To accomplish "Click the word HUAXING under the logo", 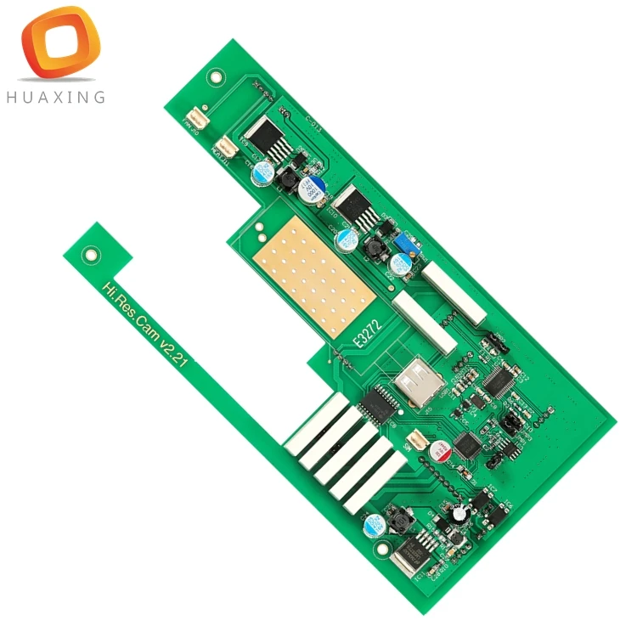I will [55, 97].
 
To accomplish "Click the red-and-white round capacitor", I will [442, 451].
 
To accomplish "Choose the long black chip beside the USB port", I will [380, 403].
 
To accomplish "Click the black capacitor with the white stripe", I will [460, 513].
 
